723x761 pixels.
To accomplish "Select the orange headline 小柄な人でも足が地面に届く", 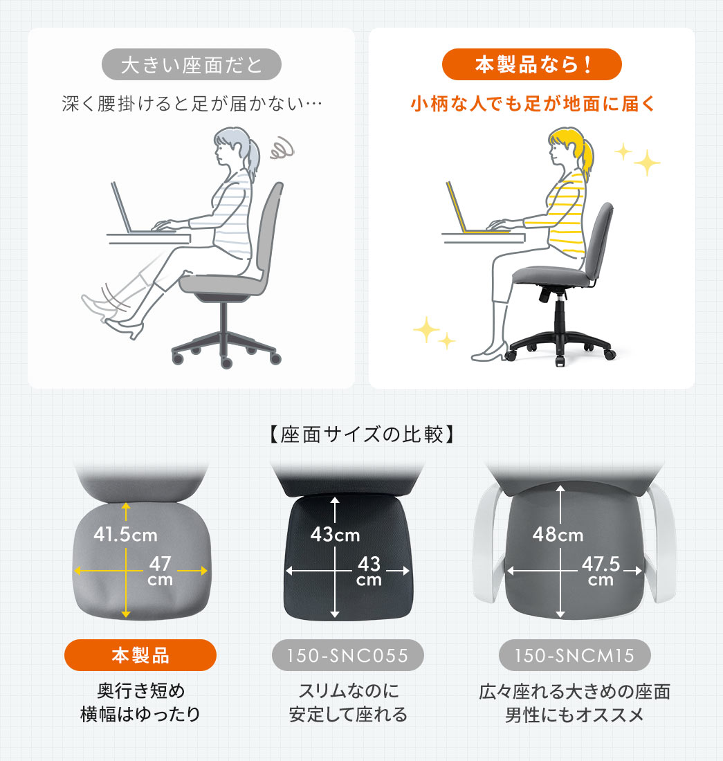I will [x=531, y=104].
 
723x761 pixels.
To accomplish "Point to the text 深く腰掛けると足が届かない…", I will [x=192, y=104].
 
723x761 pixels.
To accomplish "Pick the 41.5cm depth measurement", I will [x=125, y=535].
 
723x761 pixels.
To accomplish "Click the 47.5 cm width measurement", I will [x=601, y=570].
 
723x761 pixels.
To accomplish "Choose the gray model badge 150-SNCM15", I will [x=575, y=654].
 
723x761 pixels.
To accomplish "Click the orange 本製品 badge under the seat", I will [x=140, y=654].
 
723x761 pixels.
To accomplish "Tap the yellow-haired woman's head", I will [x=566, y=148].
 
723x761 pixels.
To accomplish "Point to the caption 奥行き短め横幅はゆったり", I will [x=140, y=702].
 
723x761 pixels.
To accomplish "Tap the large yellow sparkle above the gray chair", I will [x=646, y=162].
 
